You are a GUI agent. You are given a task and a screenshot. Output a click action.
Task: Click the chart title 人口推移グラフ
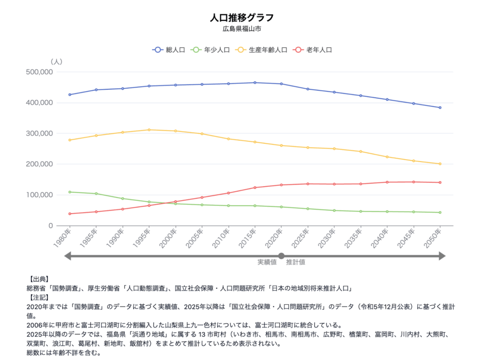242,18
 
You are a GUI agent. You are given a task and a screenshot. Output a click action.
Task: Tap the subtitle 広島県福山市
242,29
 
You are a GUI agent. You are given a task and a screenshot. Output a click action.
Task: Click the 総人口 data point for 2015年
255,83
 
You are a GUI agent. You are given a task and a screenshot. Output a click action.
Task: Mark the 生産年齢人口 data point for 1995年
149,130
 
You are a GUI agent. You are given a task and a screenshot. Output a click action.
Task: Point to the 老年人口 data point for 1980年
69,214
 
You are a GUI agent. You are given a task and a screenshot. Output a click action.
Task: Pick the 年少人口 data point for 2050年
440,213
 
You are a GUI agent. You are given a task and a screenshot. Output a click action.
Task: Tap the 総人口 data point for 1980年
69,94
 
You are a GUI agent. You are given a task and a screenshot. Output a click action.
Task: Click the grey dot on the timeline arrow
281,256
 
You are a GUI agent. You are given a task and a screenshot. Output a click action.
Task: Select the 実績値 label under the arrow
267,262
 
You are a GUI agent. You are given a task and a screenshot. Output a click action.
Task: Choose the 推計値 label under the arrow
295,262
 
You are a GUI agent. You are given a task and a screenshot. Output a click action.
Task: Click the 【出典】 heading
38,279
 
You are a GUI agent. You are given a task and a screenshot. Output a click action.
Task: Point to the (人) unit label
56,61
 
